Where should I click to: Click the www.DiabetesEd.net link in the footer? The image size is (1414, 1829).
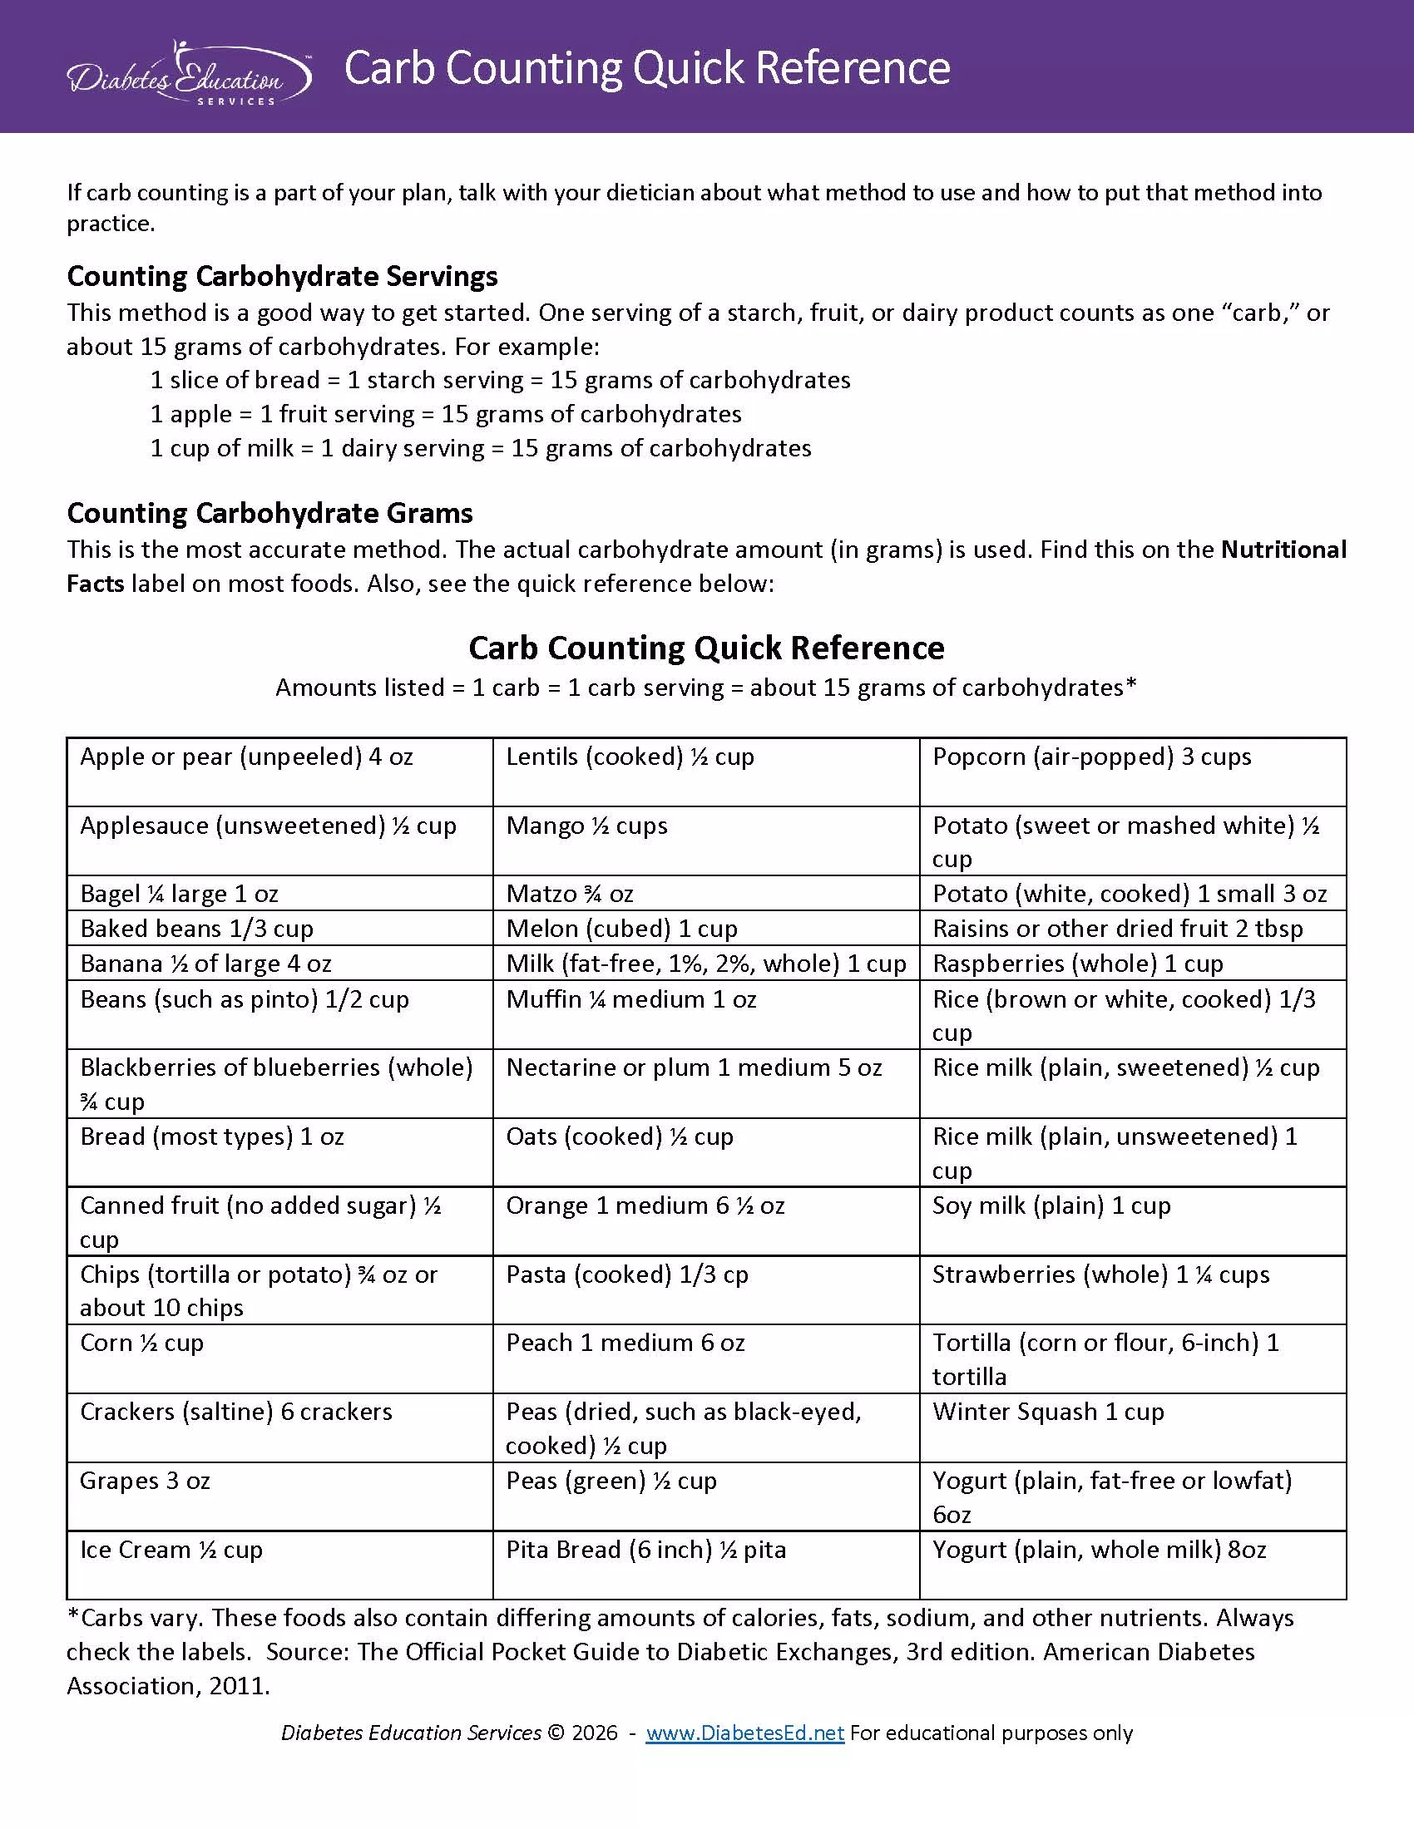click(744, 1733)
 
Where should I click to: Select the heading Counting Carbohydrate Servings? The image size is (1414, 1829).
click(282, 275)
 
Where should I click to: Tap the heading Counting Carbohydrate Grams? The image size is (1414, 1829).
click(269, 512)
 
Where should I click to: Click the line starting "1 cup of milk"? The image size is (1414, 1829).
click(480, 449)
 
